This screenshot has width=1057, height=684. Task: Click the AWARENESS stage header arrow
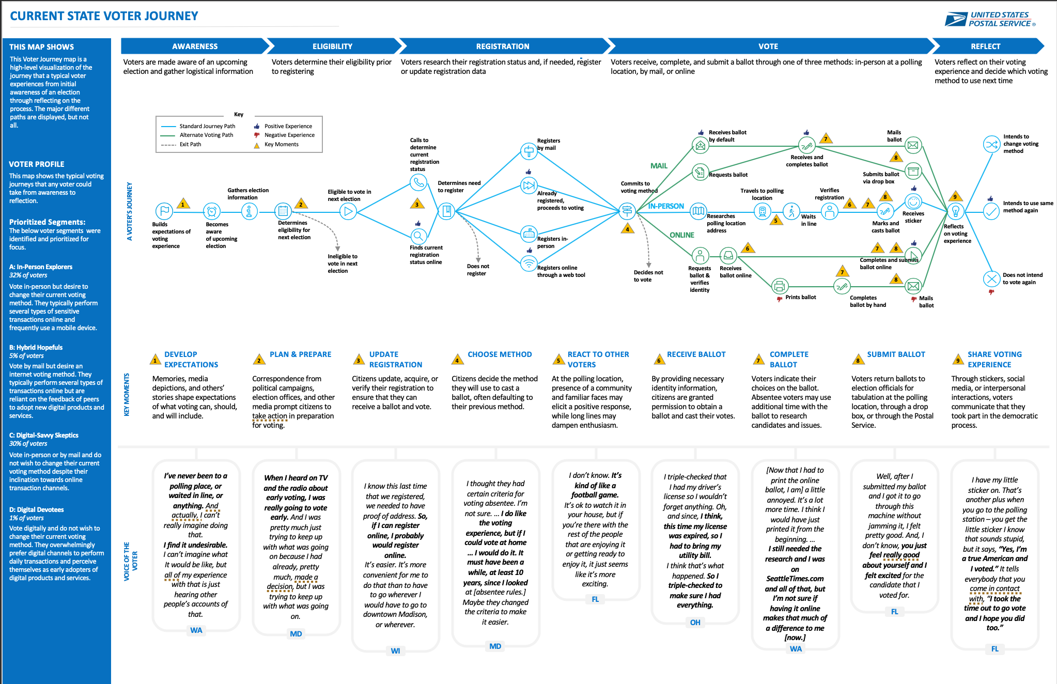(x=195, y=46)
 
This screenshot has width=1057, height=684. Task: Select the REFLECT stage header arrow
(x=987, y=46)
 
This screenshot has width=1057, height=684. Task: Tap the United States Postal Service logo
(x=990, y=19)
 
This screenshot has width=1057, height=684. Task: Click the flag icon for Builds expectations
(x=164, y=211)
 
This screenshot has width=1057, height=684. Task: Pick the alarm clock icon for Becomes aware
(x=212, y=211)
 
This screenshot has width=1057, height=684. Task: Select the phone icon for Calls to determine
(x=418, y=182)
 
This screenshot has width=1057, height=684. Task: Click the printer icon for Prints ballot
(x=780, y=286)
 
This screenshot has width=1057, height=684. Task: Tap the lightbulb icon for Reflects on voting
(x=955, y=211)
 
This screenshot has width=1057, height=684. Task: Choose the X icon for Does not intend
(x=991, y=279)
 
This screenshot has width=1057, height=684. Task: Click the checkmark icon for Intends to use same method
(x=991, y=211)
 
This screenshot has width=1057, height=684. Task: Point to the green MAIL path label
(x=659, y=166)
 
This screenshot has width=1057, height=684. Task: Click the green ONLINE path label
(x=682, y=235)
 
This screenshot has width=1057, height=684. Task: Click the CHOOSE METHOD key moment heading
(x=500, y=354)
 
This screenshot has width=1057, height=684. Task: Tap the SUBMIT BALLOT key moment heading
(x=896, y=354)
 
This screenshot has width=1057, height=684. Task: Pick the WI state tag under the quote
(x=395, y=651)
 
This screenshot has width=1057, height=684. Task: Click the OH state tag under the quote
(x=695, y=623)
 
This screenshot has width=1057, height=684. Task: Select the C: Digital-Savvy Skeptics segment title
(x=44, y=436)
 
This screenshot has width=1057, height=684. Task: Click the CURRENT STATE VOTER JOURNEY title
(x=104, y=16)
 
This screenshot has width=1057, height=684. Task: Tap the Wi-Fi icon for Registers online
(x=528, y=263)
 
